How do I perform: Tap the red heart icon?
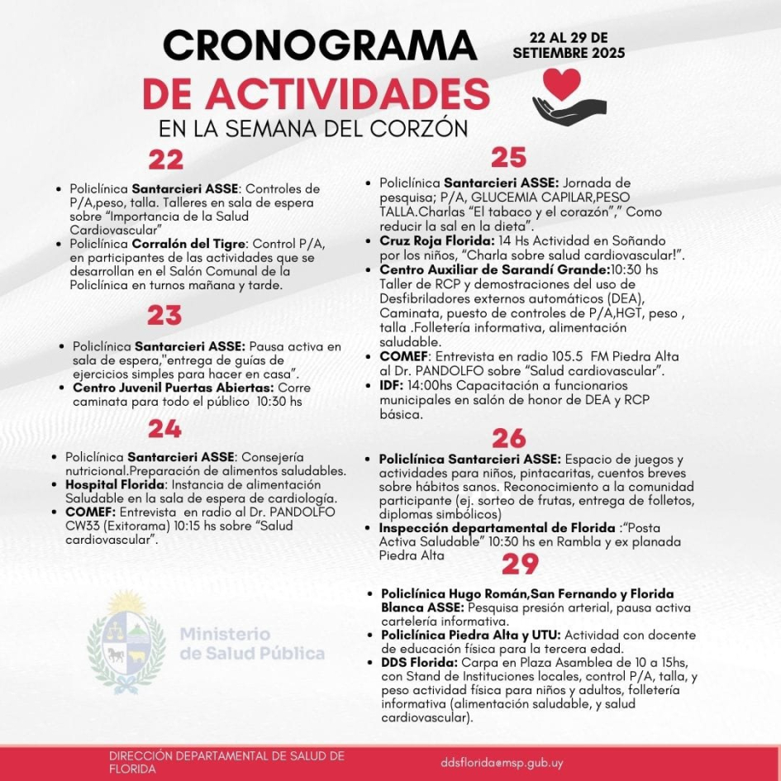pyautogui.click(x=562, y=83)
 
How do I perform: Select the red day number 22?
pyautogui.click(x=165, y=160)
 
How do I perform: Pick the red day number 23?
pyautogui.click(x=165, y=315)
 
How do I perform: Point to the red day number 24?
pyautogui.click(x=165, y=427)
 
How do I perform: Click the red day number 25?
pyautogui.click(x=509, y=157)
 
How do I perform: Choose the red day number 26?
pyautogui.click(x=510, y=438)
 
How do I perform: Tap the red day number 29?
pyautogui.click(x=520, y=564)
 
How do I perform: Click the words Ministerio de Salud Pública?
pyautogui.click(x=252, y=644)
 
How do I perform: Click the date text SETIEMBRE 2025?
pyautogui.click(x=569, y=52)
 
